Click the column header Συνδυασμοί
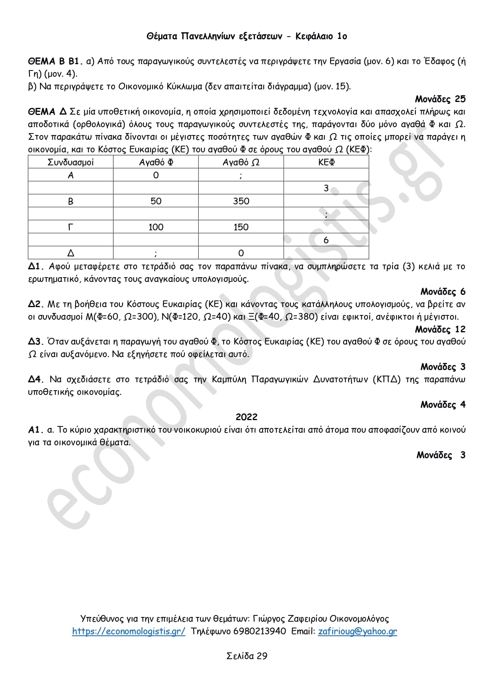point(71,162)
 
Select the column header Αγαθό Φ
point(156,162)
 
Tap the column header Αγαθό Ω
point(241,162)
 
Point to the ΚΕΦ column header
point(326,162)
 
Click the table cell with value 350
point(241,201)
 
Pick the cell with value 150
point(241,227)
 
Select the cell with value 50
point(156,201)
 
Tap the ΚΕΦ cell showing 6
point(326,240)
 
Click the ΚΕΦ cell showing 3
point(326,188)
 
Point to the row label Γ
point(71,227)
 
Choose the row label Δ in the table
point(71,253)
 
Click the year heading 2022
point(246,417)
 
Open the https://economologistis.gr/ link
point(128,631)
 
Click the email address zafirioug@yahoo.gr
point(357,631)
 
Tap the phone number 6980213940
point(260,631)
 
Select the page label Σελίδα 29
point(247,656)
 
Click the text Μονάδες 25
point(440,99)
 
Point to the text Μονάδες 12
point(440,329)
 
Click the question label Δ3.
point(35,342)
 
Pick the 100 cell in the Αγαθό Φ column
point(156,227)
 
